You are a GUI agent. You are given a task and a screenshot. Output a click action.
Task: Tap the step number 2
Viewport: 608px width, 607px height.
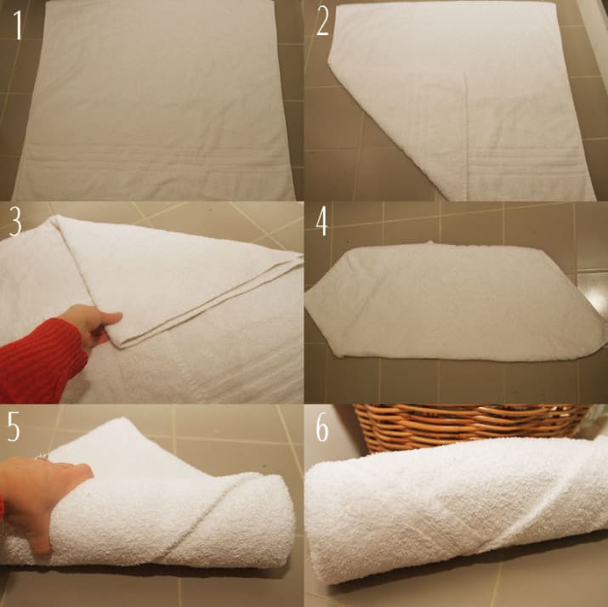point(323,23)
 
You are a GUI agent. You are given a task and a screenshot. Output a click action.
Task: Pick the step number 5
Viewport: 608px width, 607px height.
point(16,428)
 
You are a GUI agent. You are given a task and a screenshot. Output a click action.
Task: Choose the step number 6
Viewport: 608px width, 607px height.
point(323,428)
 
